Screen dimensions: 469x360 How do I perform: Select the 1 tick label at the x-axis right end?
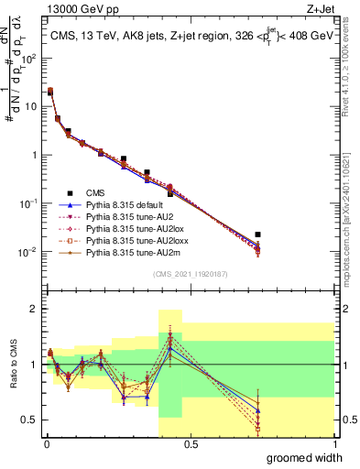[333, 443]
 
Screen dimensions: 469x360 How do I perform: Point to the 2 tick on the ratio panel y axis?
[33, 309]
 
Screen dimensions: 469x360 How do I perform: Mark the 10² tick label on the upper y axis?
[28, 58]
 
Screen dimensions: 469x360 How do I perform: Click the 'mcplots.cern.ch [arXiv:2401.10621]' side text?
[352, 211]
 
